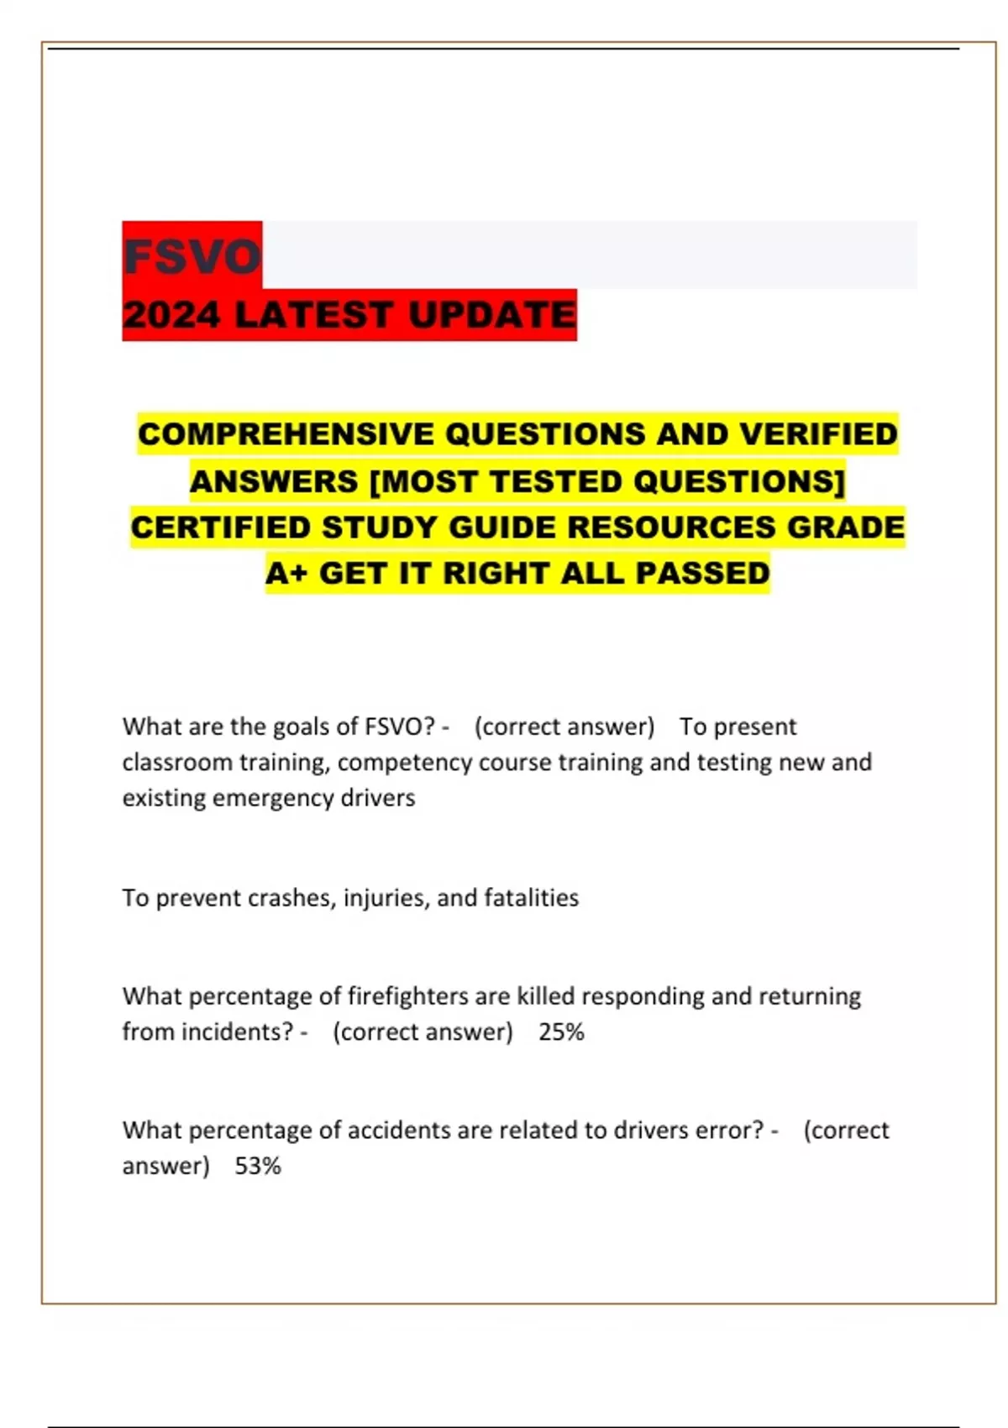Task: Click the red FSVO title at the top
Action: click(x=192, y=256)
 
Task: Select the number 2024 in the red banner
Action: click(x=171, y=315)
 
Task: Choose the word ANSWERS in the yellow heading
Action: click(x=274, y=481)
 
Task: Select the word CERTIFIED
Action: click(x=221, y=528)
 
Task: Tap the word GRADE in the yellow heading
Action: click(x=846, y=528)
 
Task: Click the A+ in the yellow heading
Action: click(x=286, y=574)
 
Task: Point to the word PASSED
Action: click(x=702, y=574)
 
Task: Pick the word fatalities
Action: click(x=531, y=898)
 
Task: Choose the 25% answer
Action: click(x=561, y=1032)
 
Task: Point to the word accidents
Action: click(x=399, y=1131)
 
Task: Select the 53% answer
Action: click(x=258, y=1166)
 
